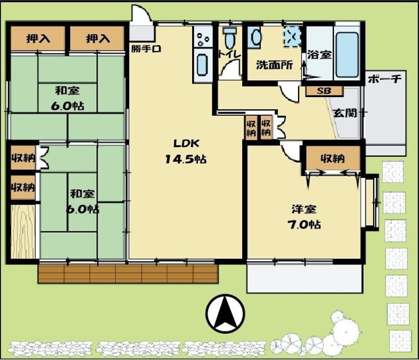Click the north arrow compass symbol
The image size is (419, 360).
point(225,314)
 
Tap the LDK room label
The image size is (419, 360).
point(186,144)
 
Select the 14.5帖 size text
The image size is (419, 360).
point(186,159)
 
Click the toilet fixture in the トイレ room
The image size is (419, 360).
point(229,38)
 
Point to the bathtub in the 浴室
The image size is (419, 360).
point(347,55)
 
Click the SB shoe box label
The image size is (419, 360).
point(324,91)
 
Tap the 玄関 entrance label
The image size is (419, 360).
point(345,113)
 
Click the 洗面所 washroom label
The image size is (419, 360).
point(275,65)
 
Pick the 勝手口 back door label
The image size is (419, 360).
point(146,49)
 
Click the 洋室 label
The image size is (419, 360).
point(304,209)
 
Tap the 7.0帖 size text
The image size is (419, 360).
point(304,225)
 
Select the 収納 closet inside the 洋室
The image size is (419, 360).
point(333,159)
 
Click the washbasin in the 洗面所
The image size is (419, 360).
point(255,37)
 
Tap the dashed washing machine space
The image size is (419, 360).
point(293,36)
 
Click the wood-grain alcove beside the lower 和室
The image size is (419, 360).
point(23,231)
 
